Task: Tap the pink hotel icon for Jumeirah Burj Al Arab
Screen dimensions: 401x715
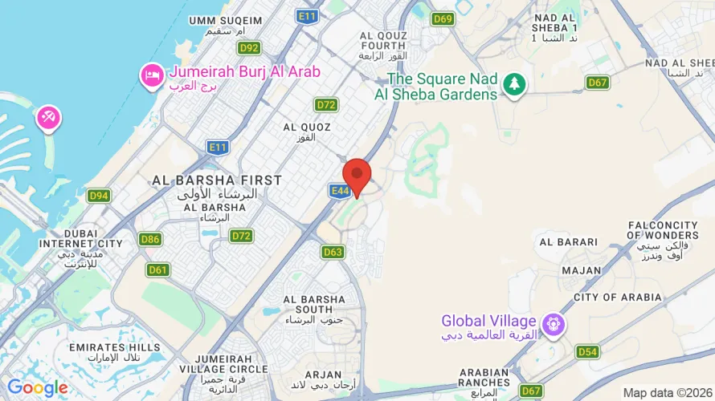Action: [x=151, y=75]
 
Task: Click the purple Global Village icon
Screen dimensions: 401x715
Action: [x=554, y=326]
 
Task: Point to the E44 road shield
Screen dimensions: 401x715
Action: [x=338, y=190]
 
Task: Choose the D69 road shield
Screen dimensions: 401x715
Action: [x=443, y=19]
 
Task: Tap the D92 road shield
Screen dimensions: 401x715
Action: [x=249, y=47]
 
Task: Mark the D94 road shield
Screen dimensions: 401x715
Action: [x=100, y=196]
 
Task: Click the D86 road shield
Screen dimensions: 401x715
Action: [x=149, y=239]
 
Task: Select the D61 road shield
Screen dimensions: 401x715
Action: [x=158, y=269]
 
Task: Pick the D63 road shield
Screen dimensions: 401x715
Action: [x=333, y=252]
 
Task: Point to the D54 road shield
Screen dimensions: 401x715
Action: [x=588, y=352]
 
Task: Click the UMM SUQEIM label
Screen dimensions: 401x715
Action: [x=226, y=20]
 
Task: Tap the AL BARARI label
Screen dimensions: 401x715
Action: [x=569, y=241]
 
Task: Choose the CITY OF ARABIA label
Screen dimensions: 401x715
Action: [x=618, y=298]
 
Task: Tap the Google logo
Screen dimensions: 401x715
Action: [x=38, y=388]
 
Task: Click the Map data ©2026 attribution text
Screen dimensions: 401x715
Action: [x=666, y=392]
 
